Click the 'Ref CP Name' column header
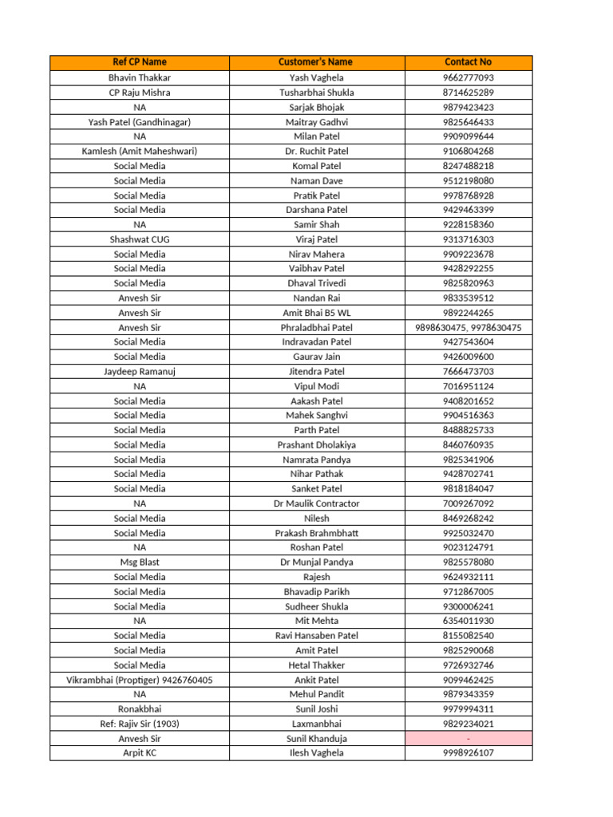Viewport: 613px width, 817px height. point(140,62)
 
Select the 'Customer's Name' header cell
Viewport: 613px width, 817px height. point(316,62)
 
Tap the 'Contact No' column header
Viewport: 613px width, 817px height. point(468,62)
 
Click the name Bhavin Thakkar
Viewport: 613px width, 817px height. point(140,77)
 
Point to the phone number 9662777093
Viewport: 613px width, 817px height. point(468,77)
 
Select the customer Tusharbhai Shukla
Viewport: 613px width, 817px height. point(316,93)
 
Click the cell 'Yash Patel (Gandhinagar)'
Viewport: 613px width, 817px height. point(140,122)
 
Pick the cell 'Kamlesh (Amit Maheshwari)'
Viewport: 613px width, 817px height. point(140,151)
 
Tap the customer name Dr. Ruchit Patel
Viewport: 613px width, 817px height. point(316,151)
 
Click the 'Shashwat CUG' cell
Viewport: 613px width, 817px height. point(140,239)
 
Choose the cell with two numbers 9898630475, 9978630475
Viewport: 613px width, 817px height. point(468,327)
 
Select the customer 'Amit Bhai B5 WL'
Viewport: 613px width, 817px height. point(316,313)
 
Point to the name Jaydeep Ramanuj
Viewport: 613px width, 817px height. point(140,371)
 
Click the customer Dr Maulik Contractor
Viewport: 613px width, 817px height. point(316,503)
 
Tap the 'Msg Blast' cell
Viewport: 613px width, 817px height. point(140,562)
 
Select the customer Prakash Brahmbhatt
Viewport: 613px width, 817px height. point(316,532)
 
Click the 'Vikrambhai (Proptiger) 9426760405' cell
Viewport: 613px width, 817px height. point(140,680)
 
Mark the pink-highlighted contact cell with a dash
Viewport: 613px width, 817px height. point(468,738)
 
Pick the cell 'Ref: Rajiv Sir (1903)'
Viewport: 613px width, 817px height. point(140,724)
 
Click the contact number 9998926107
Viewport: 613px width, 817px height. point(468,752)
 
